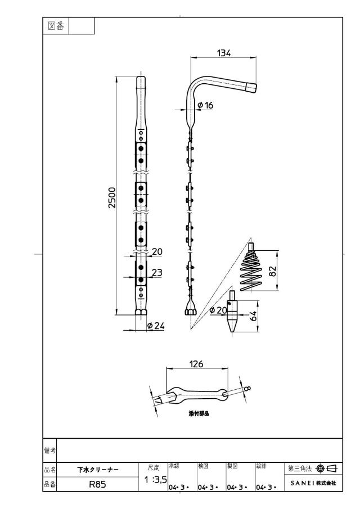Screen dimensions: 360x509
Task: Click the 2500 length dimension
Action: click(112, 197)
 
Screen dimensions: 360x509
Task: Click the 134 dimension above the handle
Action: click(224, 53)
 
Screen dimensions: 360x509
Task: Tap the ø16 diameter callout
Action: click(205, 105)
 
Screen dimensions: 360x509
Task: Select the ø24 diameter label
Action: click(156, 326)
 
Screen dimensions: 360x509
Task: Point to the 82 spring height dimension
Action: click(272, 271)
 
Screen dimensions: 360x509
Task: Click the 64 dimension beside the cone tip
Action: click(254, 316)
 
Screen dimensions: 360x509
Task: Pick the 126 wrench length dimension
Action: click(196, 364)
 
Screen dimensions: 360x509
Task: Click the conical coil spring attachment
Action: click(252, 268)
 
